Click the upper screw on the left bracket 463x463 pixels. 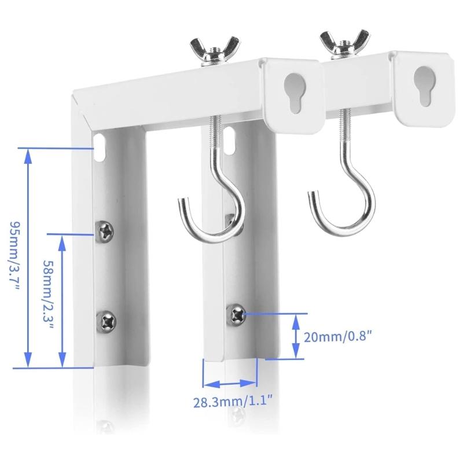[107, 231]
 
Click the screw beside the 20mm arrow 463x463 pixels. [238, 313]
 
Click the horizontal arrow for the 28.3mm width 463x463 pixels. [230, 383]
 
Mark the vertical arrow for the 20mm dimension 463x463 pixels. [296, 336]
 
